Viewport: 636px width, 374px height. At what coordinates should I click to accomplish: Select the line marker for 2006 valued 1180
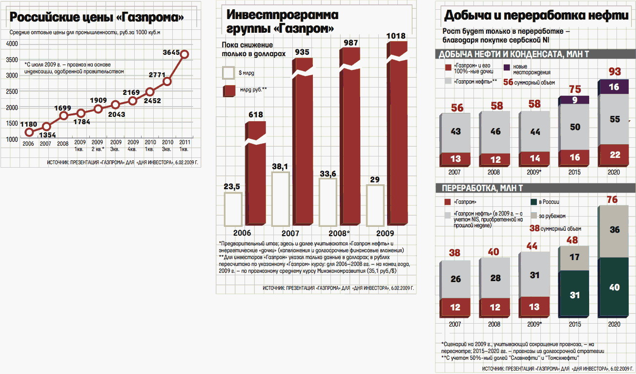29,132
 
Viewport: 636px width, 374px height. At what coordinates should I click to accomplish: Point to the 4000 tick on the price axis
12,44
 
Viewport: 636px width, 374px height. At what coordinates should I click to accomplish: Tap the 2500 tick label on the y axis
12,91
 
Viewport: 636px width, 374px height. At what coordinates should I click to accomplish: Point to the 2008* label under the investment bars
339,233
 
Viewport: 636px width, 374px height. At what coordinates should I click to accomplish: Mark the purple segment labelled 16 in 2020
614,87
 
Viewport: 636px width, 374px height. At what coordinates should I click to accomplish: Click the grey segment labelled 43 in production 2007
455,132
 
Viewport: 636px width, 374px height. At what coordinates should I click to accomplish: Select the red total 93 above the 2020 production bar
615,72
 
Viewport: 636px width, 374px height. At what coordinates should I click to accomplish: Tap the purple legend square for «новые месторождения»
507,67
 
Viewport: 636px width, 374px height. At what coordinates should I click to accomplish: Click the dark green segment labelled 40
614,287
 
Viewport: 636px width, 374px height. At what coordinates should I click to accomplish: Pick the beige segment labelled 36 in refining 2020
614,230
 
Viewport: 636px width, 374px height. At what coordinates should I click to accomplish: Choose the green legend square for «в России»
533,201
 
